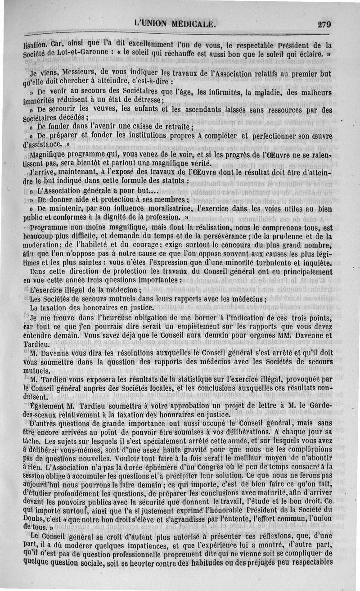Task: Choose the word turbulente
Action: tap(268, 263)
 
